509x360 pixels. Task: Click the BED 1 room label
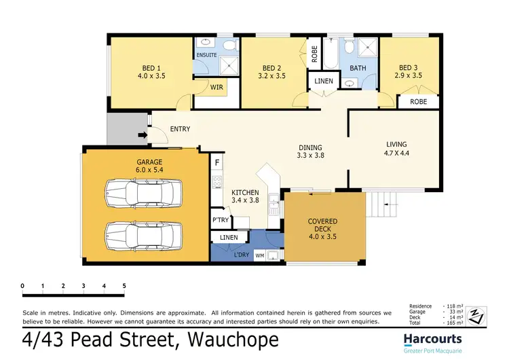(x=151, y=68)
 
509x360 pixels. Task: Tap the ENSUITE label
(x=206, y=54)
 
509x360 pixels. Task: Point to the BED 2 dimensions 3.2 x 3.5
(x=271, y=77)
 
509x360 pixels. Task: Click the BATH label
(x=358, y=68)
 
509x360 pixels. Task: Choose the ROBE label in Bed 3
(x=418, y=102)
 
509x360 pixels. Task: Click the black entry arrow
(x=142, y=135)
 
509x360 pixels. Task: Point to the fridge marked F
(x=216, y=164)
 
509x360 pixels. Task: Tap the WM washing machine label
(x=259, y=255)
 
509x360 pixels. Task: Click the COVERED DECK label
(x=322, y=226)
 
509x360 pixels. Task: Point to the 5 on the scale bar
(x=124, y=286)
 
